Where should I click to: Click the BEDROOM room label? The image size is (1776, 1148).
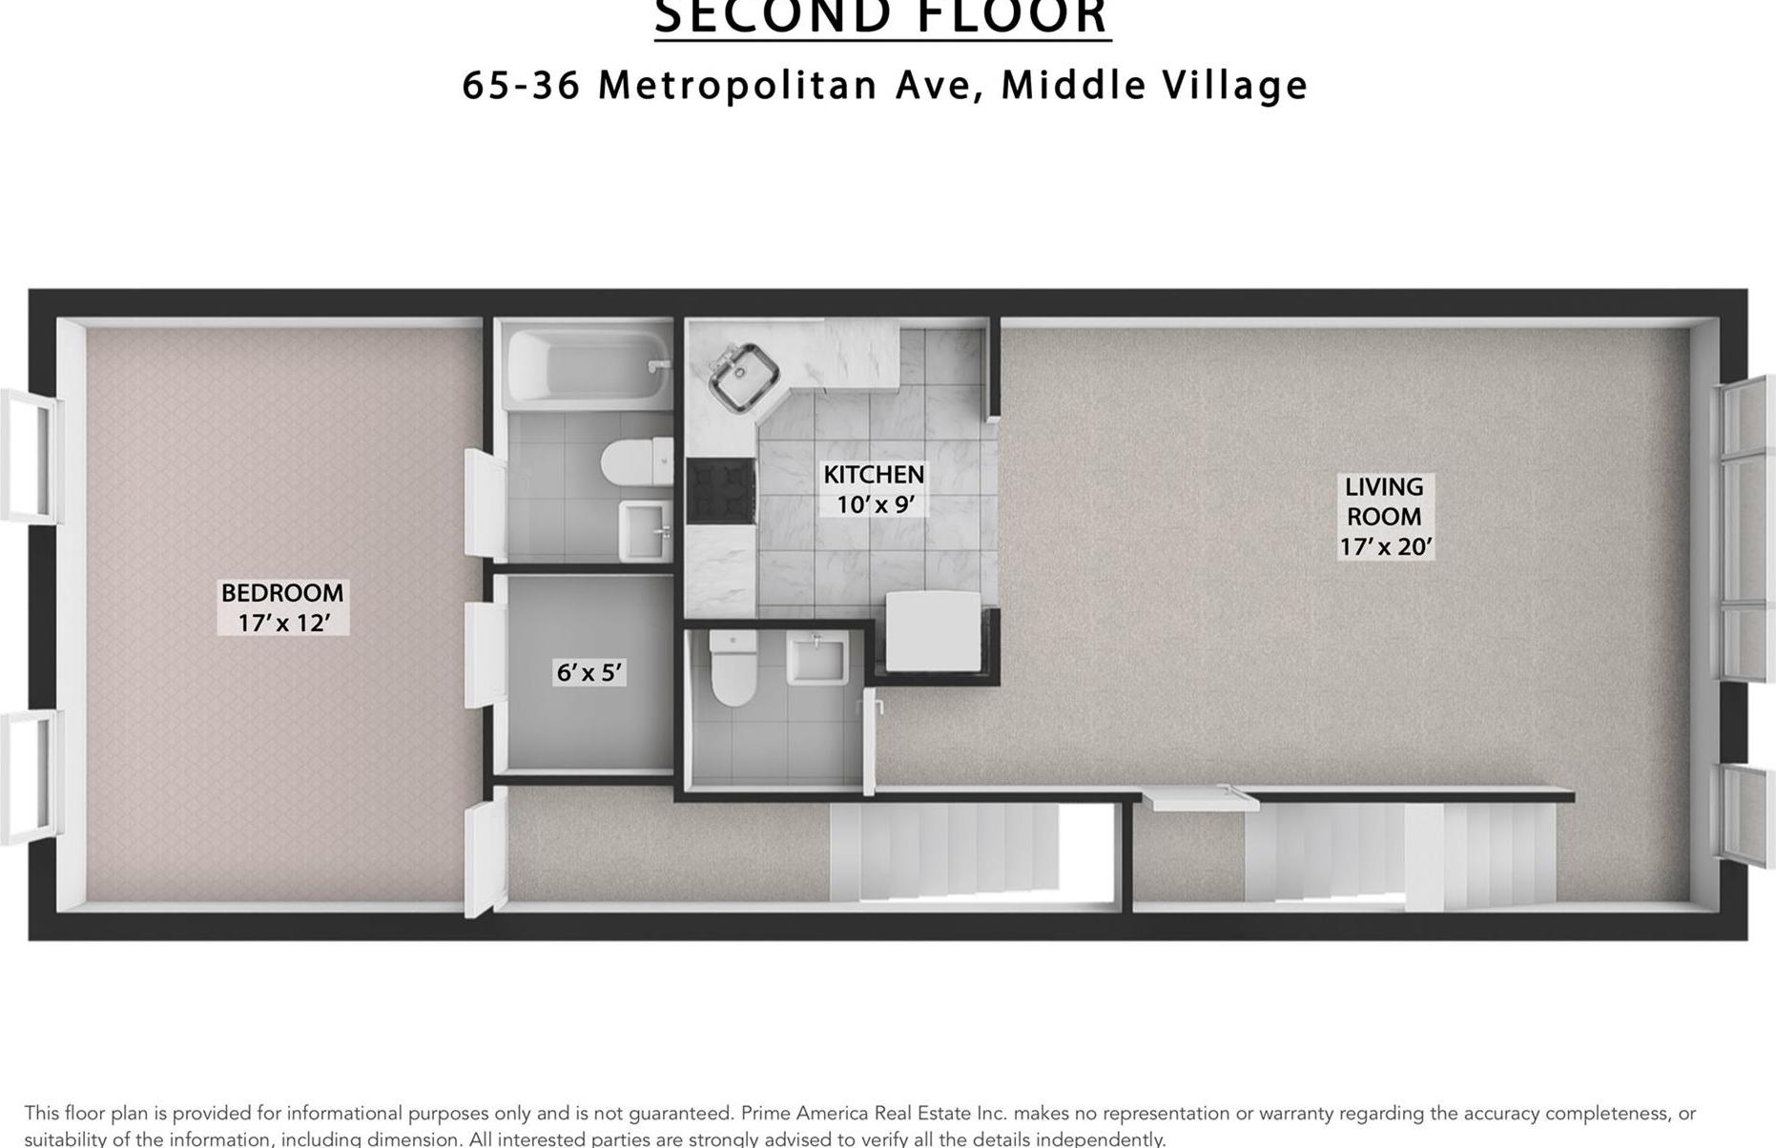tap(282, 593)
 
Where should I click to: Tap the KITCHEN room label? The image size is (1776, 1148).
tap(874, 475)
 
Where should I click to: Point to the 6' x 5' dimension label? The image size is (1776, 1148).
tap(589, 673)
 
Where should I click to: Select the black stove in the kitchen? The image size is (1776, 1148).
tap(721, 490)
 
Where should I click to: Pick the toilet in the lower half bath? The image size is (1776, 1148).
tap(733, 667)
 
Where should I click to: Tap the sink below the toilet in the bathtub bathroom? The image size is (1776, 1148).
tap(645, 530)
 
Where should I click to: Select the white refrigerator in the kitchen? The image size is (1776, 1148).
tap(933, 630)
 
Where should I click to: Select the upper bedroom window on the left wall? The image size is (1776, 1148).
tap(29, 455)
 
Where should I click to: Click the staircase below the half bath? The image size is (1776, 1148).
tap(944, 851)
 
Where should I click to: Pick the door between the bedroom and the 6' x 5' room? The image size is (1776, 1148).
tap(484, 654)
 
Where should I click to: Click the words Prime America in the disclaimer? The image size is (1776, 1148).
tap(804, 1113)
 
